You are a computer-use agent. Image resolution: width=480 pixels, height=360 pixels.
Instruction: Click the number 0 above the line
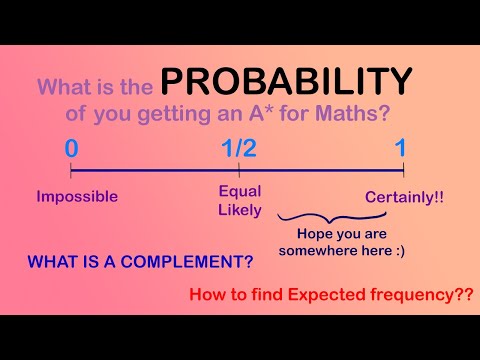coord(71,149)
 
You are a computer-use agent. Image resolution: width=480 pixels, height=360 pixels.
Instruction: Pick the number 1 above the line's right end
coord(400,149)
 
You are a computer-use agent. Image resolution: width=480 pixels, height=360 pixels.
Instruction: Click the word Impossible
coord(77,196)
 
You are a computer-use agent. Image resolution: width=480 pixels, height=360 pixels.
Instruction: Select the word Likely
coord(240,209)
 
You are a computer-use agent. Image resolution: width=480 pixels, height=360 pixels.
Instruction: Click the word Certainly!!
coord(404,197)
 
